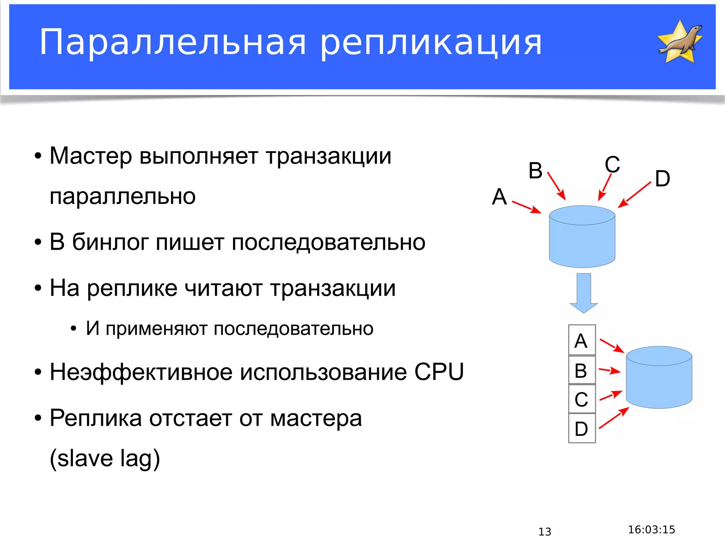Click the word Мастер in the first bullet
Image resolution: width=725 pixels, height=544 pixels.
pos(91,156)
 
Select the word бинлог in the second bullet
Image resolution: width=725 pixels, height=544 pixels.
pos(110,242)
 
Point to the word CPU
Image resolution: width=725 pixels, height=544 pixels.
pos(439,372)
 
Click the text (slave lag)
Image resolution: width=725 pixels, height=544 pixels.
pos(105,458)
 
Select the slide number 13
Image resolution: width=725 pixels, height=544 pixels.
pos(545,532)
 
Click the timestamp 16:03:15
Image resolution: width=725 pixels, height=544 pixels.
pos(651,529)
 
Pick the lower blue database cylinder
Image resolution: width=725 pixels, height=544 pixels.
pos(659,378)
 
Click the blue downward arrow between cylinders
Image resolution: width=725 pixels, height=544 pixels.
pos(584,292)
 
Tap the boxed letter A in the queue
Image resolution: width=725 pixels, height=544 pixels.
pos(581,341)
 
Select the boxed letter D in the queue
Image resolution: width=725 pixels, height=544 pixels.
pos(581,429)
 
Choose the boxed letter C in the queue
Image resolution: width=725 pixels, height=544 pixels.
pos(581,399)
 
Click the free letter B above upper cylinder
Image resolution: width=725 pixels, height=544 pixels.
pos(535,170)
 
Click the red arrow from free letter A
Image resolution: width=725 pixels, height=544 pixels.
pos(527,207)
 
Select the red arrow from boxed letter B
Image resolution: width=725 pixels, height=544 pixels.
pos(610,370)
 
